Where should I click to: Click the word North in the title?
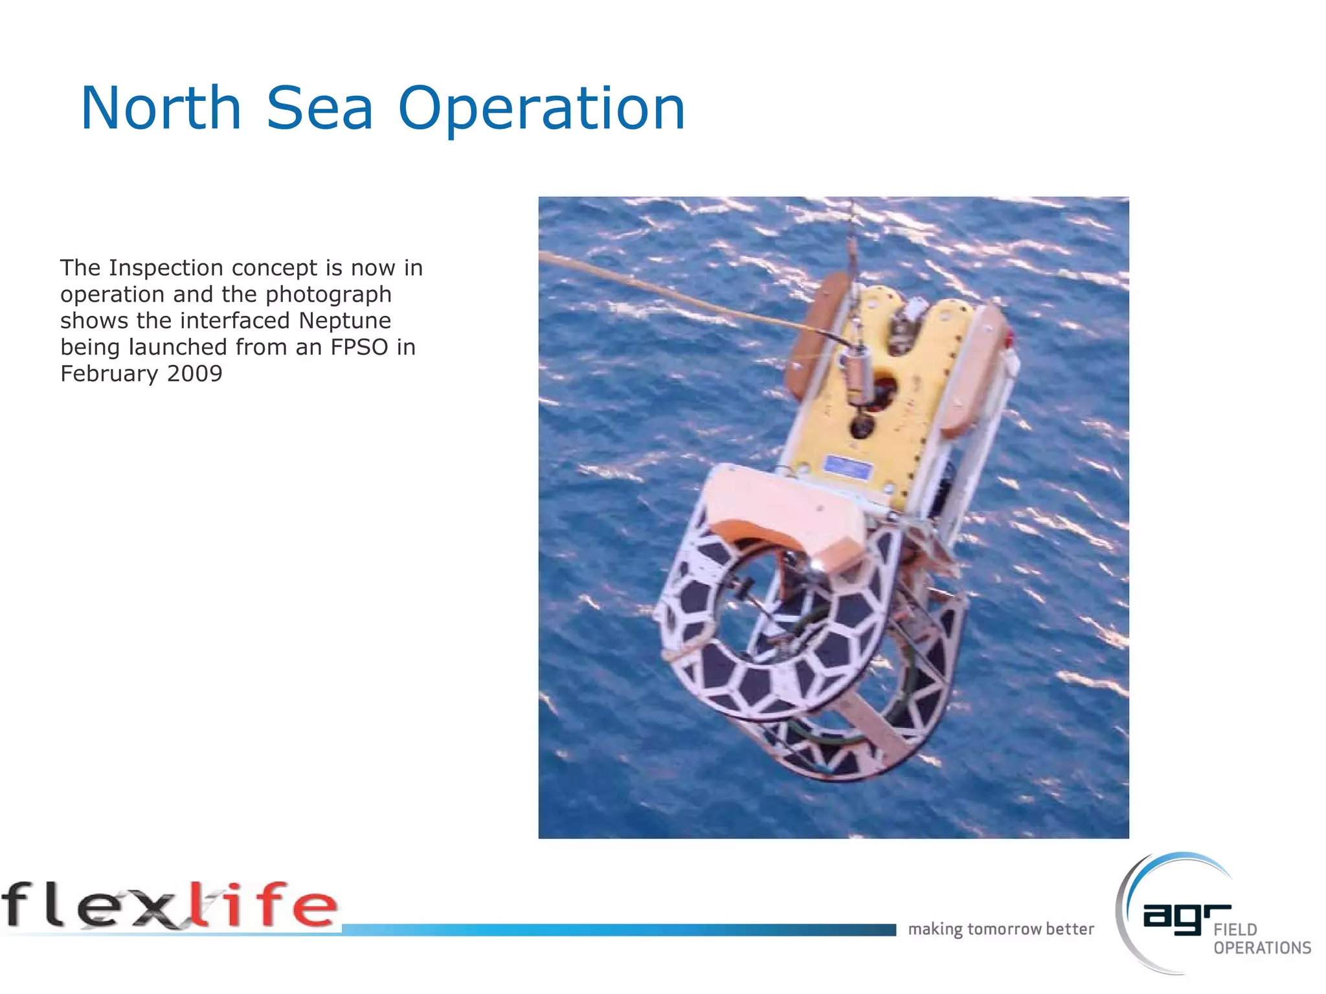pyautogui.click(x=161, y=109)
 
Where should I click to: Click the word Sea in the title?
pyautogui.click(x=320, y=109)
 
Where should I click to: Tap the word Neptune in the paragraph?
pyautogui.click(x=344, y=321)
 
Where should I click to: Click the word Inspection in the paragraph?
pyautogui.click(x=166, y=268)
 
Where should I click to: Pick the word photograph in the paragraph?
pyautogui.click(x=328, y=294)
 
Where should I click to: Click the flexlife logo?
pyautogui.click(x=170, y=906)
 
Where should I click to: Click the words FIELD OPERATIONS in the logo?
pyautogui.click(x=1261, y=939)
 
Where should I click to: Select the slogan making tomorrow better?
pyautogui.click(x=1000, y=929)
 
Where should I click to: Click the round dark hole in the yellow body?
pyautogui.click(x=862, y=426)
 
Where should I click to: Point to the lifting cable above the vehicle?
pyautogui.click(x=853, y=239)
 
